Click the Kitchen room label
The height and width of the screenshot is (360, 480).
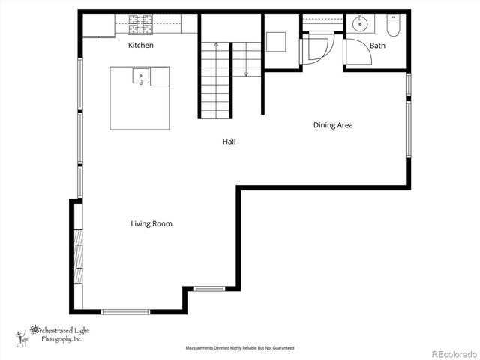(141, 46)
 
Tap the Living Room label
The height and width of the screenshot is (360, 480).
(151, 223)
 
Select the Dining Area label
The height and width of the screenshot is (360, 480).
(333, 125)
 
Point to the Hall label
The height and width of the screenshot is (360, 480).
(229, 141)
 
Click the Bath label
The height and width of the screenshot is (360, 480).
(377, 46)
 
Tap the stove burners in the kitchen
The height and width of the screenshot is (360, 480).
(139, 25)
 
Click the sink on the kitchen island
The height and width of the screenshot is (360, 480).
(140, 76)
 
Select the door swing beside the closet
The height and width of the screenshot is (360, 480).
(315, 51)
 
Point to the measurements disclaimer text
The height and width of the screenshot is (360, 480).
(240, 348)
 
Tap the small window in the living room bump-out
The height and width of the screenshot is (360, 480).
(209, 287)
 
